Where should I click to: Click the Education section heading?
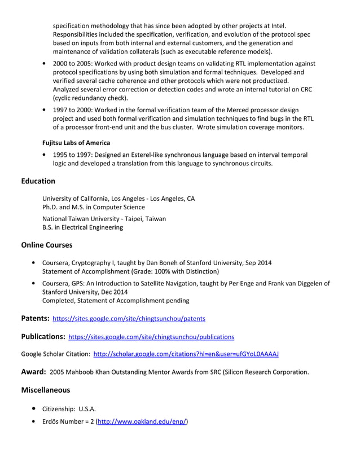38,181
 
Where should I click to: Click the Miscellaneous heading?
45,390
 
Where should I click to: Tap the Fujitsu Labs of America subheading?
76,143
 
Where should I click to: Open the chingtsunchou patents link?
129,319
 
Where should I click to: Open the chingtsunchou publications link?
151,337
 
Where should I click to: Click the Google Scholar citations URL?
186,354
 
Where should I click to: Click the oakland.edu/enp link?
142,421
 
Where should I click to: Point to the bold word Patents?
35,318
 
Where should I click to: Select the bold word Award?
33,372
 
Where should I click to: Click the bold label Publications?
43,337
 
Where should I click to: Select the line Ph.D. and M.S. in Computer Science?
94,207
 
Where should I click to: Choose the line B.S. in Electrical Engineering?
82,227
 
